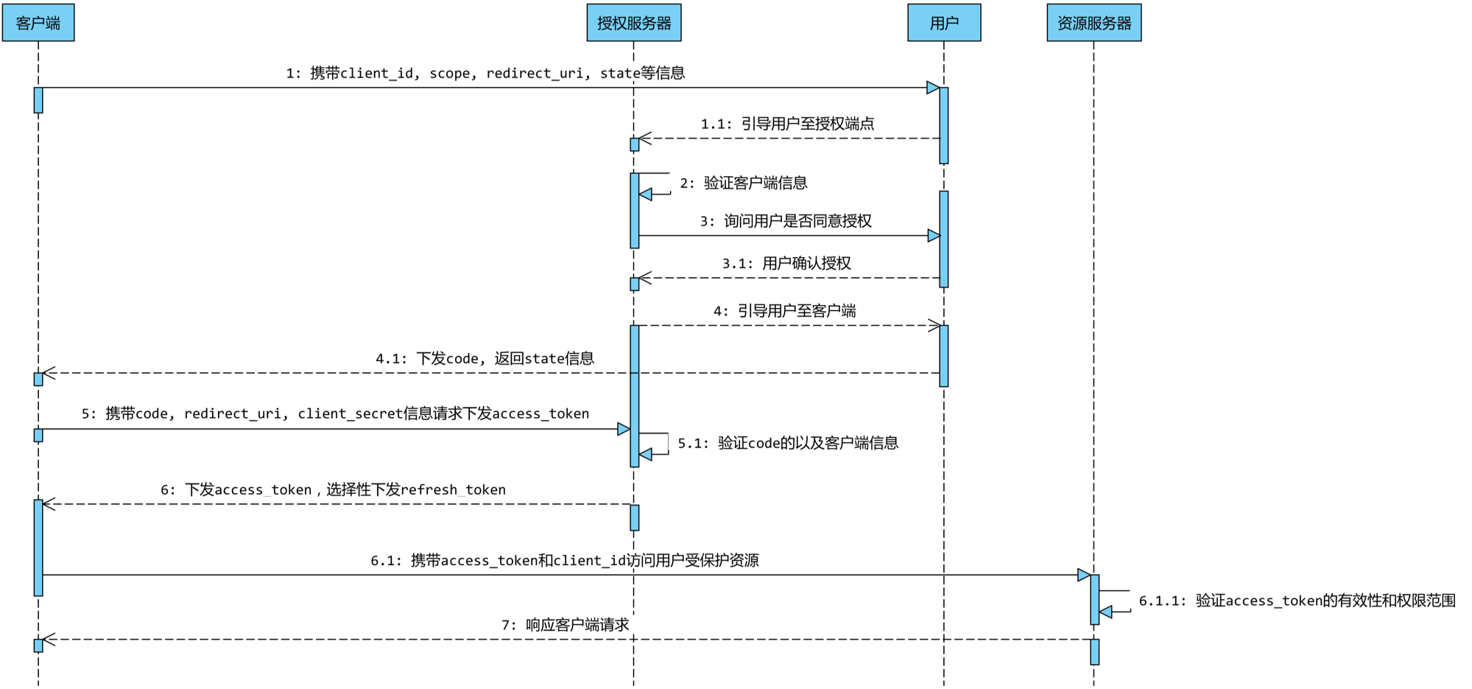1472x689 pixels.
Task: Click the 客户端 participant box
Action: (38, 23)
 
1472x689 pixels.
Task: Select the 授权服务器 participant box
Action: (634, 23)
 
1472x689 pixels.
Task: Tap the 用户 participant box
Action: (944, 23)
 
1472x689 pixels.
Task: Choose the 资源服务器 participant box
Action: (1094, 23)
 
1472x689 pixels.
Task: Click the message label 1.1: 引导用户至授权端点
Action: (787, 124)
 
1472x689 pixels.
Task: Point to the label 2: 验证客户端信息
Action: (743, 183)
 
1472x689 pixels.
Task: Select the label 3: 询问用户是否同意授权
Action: (786, 221)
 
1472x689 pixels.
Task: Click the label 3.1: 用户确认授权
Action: (786, 263)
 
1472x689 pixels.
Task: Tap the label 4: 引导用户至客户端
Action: (784, 311)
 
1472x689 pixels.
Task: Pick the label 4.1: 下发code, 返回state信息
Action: (485, 359)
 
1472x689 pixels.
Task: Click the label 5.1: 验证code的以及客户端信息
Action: (788, 443)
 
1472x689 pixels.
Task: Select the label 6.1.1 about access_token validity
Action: (1297, 601)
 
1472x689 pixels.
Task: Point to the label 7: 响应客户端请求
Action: (565, 625)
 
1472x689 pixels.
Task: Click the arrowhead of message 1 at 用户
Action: (933, 88)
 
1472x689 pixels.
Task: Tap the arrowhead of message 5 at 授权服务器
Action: (624, 429)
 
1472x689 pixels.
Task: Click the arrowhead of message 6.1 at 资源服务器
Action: (1084, 575)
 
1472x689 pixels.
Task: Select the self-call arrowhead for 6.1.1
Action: (1106, 612)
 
